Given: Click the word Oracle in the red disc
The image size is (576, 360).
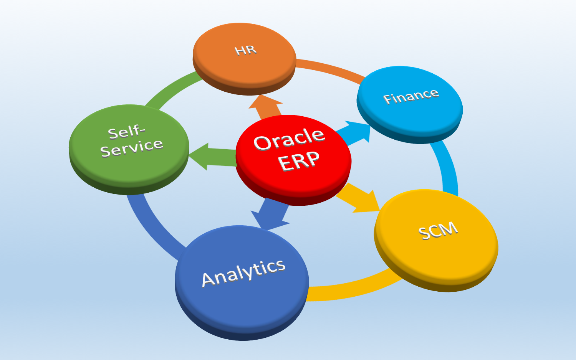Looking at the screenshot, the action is point(289,139).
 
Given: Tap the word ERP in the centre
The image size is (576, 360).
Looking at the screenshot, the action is point(299,161).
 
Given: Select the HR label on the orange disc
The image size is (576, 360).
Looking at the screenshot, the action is point(245,50).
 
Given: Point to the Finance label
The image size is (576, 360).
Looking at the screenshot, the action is point(411,96).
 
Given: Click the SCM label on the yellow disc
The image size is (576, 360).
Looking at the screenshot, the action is point(438,231).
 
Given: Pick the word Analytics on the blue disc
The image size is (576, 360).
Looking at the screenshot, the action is point(243,272).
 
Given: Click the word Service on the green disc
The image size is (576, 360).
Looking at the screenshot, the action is point(131,148).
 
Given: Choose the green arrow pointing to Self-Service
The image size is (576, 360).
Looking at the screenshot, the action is point(211,157).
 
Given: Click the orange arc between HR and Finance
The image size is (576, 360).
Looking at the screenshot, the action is point(330,69).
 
